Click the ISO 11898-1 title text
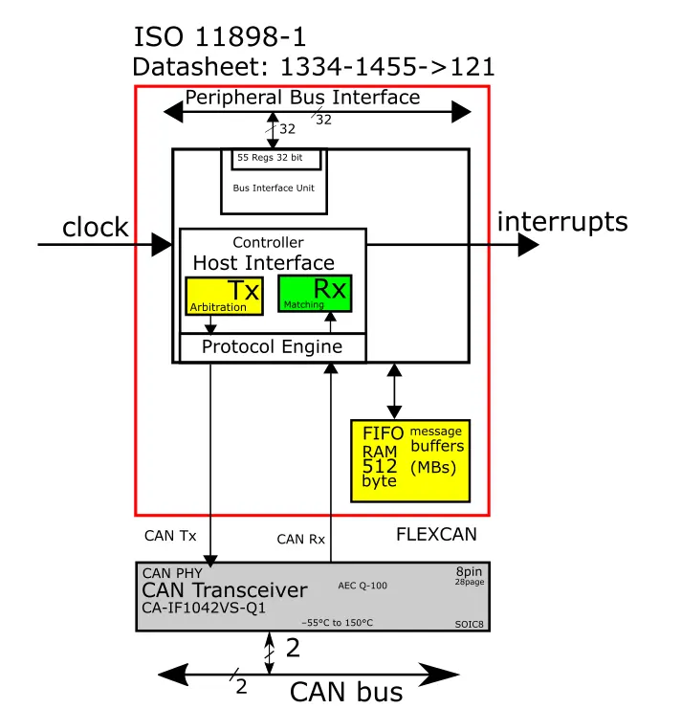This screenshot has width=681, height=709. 220,36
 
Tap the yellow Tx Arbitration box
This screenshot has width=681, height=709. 224,297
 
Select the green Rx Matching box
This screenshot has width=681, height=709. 315,294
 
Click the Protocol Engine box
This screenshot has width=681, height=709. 273,347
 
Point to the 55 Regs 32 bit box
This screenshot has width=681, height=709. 276,159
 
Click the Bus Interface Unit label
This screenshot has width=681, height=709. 274,188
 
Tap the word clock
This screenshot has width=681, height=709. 96,227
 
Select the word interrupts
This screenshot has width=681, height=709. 562,222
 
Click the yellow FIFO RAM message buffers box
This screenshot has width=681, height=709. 410,461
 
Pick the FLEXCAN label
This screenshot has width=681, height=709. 436,535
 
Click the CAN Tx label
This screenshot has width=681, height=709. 170,536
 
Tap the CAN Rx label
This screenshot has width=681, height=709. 301,539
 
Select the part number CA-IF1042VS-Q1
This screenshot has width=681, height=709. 204,608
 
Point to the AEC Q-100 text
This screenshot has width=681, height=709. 362,586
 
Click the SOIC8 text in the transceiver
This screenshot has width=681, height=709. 469,625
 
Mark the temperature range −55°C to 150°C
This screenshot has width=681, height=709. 337,623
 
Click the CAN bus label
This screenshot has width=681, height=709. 346,692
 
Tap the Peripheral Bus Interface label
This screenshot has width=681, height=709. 303,98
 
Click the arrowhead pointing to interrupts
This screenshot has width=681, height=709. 528,245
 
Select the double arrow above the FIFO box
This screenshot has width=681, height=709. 394,391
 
